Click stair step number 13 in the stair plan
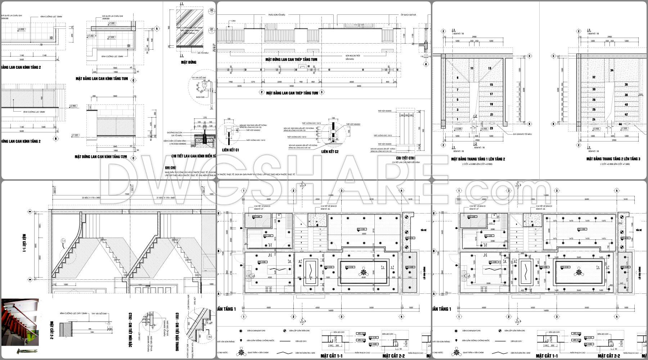coord(490,68)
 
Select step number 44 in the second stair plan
coord(620,124)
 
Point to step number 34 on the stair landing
coord(612,71)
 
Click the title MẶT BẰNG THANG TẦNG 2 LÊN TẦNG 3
coord(613,159)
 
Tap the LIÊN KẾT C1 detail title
coord(231,149)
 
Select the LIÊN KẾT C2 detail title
coord(330,152)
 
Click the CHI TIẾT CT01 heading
coord(406,158)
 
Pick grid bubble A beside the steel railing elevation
coord(426,64)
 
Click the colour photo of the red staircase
coord(20,322)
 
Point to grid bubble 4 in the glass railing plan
coord(157,28)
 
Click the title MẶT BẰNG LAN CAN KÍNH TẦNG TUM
coord(102,78)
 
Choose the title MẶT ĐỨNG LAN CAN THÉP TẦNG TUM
coord(291,59)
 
